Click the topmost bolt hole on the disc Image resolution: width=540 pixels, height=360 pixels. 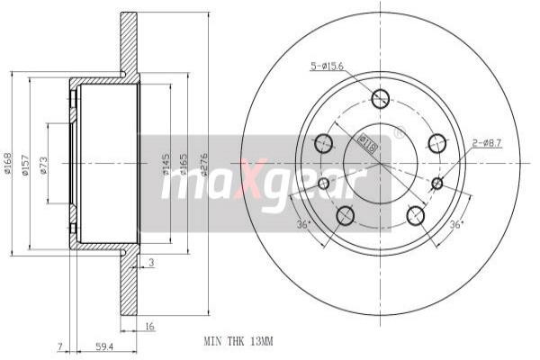[380, 99]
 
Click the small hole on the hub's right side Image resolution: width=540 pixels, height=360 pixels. [437, 184]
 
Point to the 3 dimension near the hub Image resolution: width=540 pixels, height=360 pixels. [152, 263]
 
